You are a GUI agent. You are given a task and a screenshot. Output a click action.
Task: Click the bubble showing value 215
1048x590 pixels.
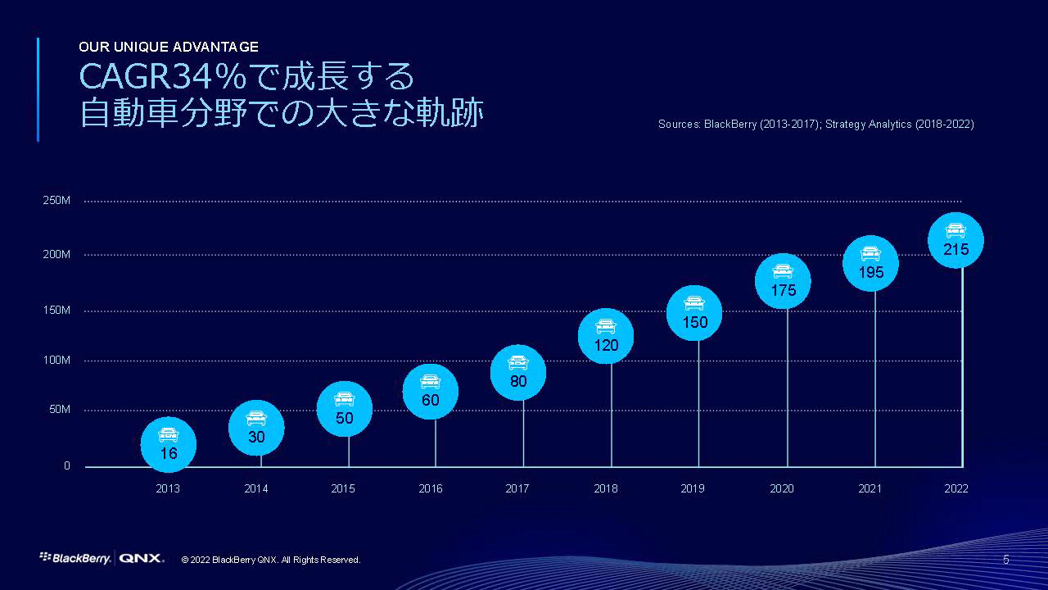coord(955,241)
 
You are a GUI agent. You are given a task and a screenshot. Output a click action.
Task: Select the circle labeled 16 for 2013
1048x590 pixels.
coord(168,445)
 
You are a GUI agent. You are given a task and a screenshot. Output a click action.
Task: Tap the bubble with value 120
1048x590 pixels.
coord(606,337)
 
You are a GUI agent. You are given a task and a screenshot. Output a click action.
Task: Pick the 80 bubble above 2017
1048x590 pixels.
coord(517,373)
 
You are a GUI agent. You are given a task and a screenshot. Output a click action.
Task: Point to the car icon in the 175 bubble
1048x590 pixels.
coord(783,271)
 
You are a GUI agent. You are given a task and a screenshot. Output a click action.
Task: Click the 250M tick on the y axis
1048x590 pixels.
coord(56,202)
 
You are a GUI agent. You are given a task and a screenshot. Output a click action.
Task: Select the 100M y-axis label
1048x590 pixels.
coord(56,361)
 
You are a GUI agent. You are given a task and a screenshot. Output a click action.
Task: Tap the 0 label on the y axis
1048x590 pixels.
coord(67,466)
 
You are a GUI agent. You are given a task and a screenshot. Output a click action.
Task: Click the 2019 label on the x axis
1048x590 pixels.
coord(693,489)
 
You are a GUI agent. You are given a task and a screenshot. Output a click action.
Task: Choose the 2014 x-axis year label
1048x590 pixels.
coord(256,489)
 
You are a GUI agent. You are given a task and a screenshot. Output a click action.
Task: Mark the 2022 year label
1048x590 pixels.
coord(955,489)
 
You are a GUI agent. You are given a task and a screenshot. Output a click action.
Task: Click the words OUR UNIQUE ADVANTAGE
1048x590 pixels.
coord(169,47)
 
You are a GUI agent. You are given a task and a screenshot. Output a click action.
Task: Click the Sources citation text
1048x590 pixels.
coord(815,125)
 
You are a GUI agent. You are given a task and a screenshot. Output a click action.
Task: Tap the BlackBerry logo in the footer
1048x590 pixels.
coord(75,559)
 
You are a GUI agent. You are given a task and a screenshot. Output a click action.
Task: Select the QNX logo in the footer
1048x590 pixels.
coord(142,559)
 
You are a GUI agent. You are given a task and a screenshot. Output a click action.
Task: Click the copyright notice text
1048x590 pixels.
coord(271,560)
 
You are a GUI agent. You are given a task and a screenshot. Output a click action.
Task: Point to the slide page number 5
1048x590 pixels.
coord(1006,560)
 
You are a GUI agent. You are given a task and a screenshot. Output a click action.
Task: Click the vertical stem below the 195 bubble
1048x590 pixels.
coord(875,377)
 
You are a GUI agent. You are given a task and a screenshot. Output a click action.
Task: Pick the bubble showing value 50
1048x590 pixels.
coord(344,408)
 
